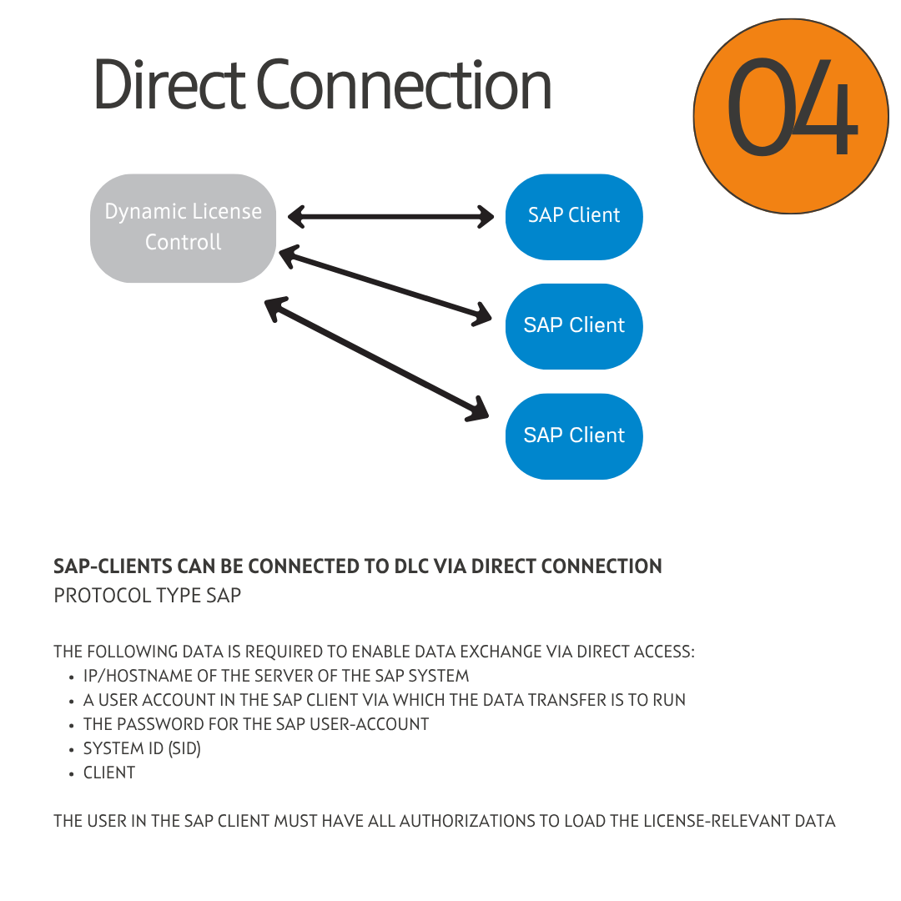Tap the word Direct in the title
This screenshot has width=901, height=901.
click(x=168, y=85)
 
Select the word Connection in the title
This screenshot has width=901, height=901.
click(x=404, y=85)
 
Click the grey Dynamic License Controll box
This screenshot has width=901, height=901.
click(x=183, y=228)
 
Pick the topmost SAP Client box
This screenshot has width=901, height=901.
click(x=574, y=216)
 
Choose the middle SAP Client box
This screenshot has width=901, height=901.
click(x=574, y=325)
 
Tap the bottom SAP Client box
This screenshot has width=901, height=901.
click(x=574, y=435)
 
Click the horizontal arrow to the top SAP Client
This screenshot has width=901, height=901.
click(x=390, y=218)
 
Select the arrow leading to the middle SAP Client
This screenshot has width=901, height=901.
click(x=385, y=286)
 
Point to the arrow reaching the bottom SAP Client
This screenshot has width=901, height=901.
click(x=376, y=360)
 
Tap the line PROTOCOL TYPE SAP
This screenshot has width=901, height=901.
click(x=148, y=596)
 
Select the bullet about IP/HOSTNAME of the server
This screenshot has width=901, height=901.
click(x=276, y=676)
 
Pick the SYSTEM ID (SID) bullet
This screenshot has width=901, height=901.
click(x=142, y=748)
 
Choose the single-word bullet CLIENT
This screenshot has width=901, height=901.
click(x=109, y=773)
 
